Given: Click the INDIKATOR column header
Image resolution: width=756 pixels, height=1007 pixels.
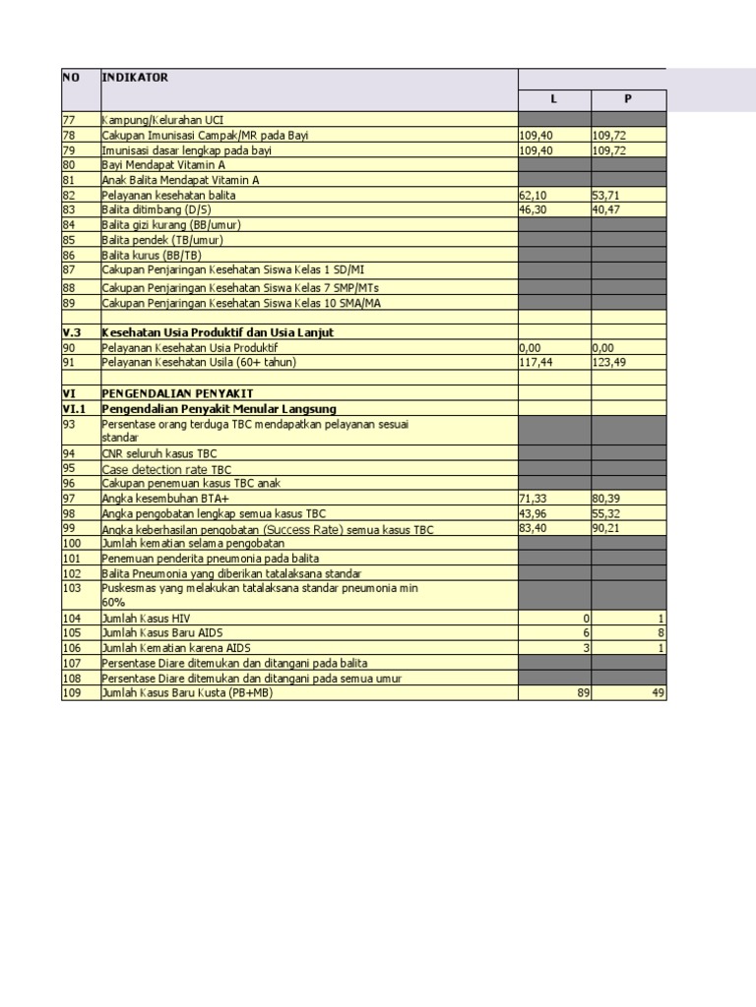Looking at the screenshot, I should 135,78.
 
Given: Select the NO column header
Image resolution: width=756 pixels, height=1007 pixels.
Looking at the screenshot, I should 71,78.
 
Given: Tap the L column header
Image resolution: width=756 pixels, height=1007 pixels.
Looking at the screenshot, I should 553,99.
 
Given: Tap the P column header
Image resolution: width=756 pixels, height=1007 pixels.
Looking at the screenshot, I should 628,99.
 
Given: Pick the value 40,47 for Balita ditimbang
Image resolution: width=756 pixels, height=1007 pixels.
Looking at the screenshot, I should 606,210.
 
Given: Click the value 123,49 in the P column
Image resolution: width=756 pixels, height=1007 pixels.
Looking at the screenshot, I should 609,363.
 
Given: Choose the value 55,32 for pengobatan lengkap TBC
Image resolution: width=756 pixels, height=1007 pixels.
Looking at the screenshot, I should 606,514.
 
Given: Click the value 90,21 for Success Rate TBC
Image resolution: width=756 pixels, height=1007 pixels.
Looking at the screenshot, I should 606,529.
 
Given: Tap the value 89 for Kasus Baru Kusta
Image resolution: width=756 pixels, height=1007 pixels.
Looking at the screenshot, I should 582,693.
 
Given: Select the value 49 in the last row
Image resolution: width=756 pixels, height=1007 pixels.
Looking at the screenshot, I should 659,693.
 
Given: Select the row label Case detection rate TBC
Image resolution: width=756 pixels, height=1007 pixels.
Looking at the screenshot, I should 166,470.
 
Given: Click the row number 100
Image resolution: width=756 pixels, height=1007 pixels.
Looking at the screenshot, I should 72,543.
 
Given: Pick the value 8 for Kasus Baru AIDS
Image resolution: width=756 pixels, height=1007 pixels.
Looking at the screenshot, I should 661,633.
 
